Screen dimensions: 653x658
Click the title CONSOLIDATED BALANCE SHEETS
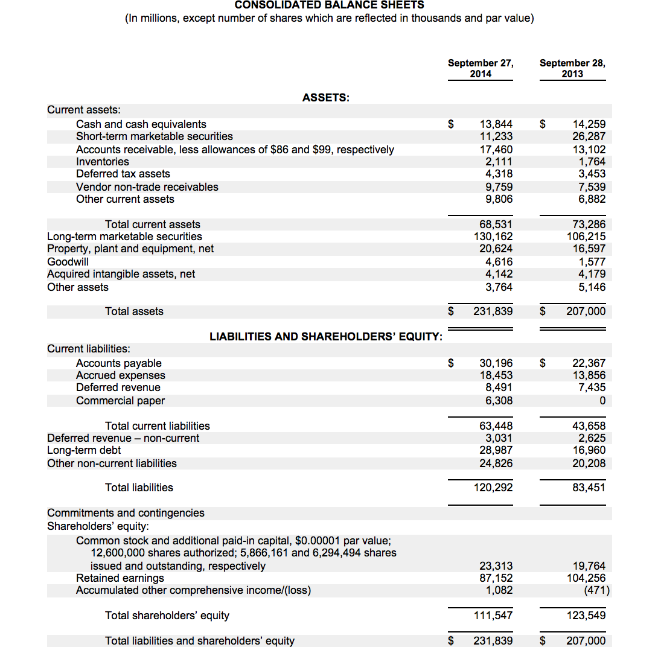329,5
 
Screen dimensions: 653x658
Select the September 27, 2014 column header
481,68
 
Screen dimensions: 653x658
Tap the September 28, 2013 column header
572,68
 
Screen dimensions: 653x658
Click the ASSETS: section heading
326,98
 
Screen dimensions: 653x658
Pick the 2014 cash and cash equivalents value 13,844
496,124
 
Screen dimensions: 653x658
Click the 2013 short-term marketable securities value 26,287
589,136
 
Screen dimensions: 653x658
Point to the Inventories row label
103,162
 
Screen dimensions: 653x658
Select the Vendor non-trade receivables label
147,187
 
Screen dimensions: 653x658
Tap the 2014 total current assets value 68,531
496,225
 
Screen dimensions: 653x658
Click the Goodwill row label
68,262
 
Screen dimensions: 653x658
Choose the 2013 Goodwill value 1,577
592,262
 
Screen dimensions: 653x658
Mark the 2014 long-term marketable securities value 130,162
493,237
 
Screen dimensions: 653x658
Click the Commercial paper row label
120,401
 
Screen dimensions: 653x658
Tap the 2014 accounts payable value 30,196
496,363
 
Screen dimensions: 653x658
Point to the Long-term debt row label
84,450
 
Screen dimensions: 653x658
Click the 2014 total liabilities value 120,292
493,488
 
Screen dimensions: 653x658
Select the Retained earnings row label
120,578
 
